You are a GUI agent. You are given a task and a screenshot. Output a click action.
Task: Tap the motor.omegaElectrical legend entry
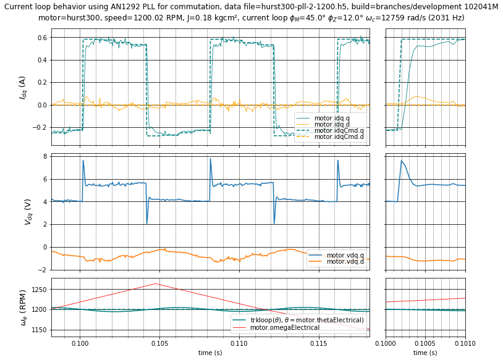pos(284,327)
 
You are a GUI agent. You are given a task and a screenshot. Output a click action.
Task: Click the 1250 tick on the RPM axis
pos(38,290)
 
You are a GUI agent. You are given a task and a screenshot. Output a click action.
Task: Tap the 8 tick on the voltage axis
pos(45,157)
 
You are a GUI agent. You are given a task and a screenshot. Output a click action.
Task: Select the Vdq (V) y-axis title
pos(28,211)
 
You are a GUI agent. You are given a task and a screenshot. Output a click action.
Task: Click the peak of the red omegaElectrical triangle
pos(155,283)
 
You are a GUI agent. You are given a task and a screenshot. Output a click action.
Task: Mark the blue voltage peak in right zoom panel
pos(402,161)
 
